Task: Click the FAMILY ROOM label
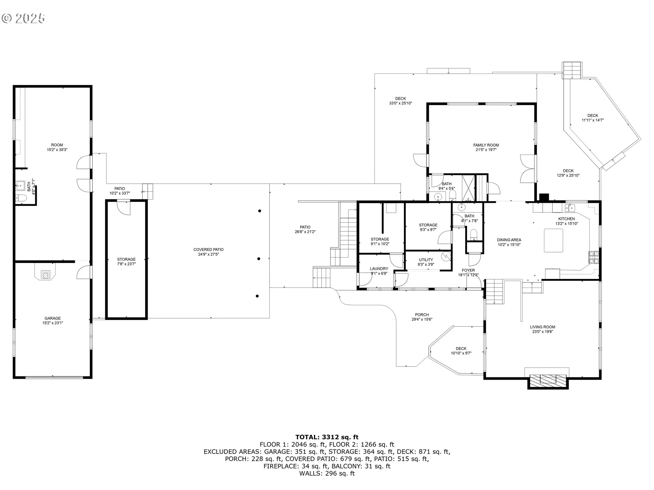pos(486,145)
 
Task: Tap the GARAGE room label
pos(52,318)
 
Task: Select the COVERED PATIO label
pos(208,249)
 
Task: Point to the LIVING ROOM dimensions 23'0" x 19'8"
pos(542,331)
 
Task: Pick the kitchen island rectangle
pos(553,240)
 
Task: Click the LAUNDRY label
pos(379,268)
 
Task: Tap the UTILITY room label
pos(426,260)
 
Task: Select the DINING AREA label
pos(509,240)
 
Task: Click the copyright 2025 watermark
pos(23,18)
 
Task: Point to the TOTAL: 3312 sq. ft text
pos(327,437)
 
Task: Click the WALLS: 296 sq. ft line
pos(327,473)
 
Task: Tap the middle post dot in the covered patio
pos(259,259)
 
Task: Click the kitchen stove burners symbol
pos(593,257)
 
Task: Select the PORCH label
pos(422,315)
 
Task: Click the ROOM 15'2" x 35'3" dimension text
pos(57,150)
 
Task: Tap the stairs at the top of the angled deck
pos(572,70)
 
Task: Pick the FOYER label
pos(468,271)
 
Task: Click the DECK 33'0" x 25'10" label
pos(401,101)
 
